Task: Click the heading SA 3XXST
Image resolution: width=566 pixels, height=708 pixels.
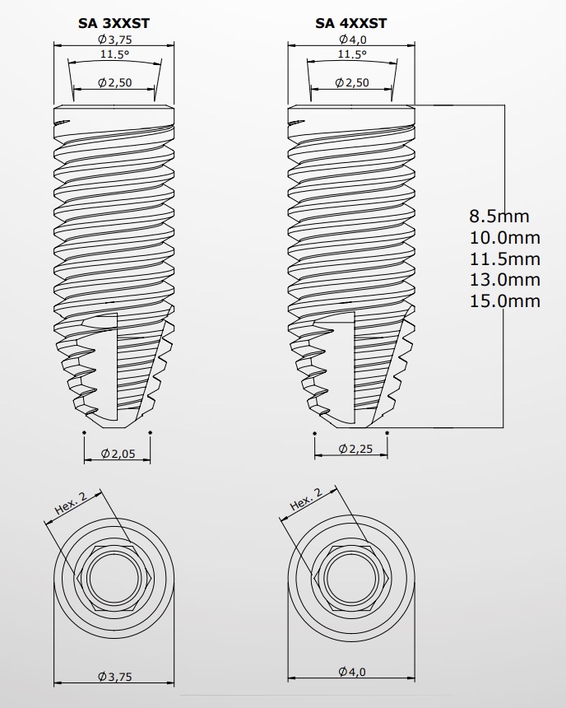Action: click(x=114, y=24)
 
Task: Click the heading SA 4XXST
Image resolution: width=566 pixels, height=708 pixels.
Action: click(x=351, y=24)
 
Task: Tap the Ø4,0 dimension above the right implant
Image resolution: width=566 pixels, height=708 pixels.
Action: click(x=352, y=40)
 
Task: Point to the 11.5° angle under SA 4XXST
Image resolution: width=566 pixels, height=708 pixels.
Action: click(x=352, y=54)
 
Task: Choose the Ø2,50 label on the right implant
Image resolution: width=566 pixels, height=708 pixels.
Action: click(x=352, y=82)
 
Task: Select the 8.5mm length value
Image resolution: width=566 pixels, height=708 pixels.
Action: click(x=499, y=217)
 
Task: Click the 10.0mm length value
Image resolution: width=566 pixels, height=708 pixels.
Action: click(x=504, y=238)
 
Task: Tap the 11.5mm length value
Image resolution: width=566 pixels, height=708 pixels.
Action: click(x=504, y=259)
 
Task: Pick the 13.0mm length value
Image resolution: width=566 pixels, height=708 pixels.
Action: click(x=504, y=280)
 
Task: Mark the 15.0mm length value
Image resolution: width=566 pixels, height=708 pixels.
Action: click(x=504, y=300)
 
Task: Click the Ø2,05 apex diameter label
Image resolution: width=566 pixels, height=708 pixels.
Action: click(x=117, y=454)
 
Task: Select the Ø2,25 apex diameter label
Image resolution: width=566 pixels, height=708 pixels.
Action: click(x=352, y=449)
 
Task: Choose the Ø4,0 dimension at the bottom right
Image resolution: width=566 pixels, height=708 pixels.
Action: click(x=352, y=673)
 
